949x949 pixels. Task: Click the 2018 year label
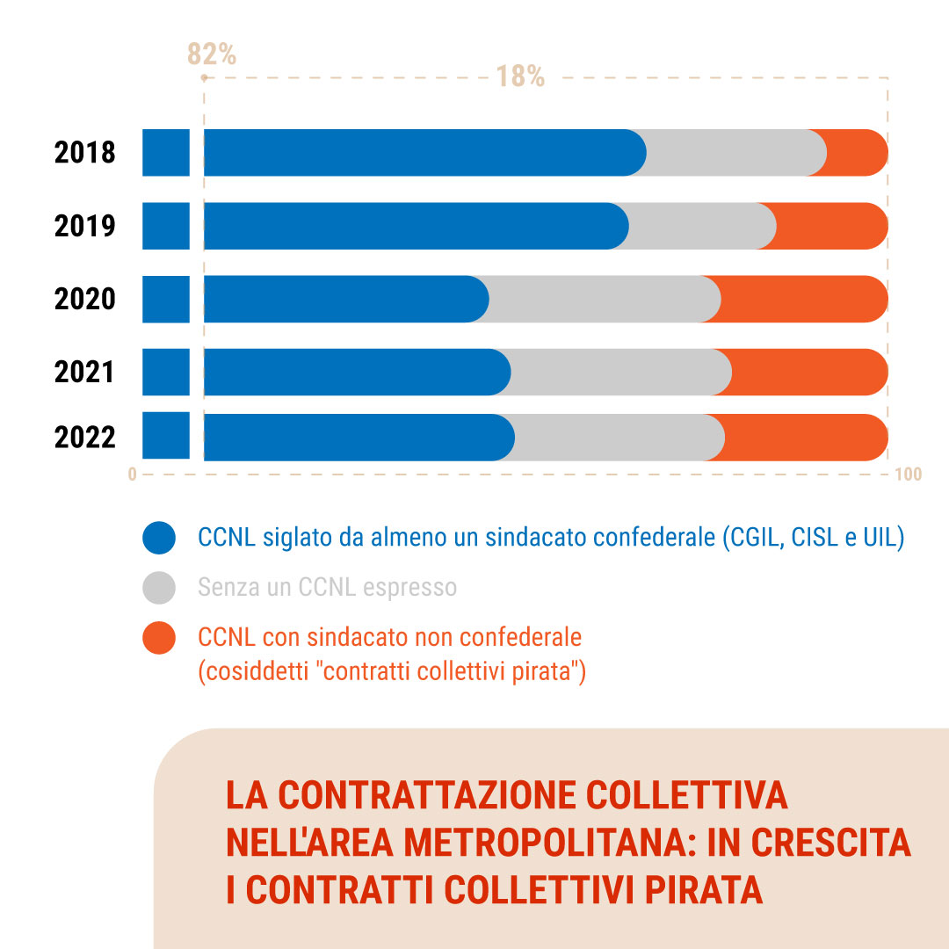[84, 152]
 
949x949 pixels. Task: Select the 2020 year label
[84, 299]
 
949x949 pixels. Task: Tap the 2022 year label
[84, 437]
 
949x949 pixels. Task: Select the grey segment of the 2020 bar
[605, 299]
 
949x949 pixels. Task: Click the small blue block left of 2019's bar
[166, 226]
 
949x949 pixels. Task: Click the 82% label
[212, 55]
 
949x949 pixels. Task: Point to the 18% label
[520, 77]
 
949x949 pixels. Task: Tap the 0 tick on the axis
[133, 474]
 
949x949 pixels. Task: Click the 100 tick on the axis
[909, 474]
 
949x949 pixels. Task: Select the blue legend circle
[159, 538]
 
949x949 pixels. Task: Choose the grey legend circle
[159, 588]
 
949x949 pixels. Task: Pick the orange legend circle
[159, 638]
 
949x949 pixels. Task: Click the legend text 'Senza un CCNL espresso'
[327, 587]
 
